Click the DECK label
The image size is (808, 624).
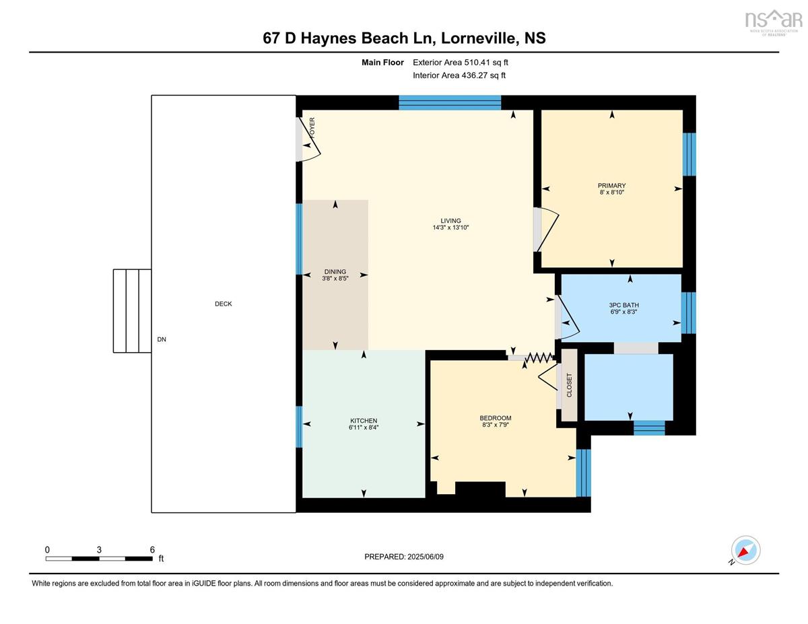(223, 304)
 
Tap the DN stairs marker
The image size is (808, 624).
(162, 339)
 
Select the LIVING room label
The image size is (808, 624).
(450, 221)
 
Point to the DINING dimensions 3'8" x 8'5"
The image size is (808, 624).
(335, 278)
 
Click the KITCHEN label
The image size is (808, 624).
(364, 421)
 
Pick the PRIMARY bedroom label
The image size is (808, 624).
(611, 186)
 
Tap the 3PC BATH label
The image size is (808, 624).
(624, 305)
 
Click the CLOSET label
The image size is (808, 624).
(569, 385)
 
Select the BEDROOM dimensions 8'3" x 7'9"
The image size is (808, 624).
(496, 425)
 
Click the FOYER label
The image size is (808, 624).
(312, 128)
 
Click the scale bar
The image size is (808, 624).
(99, 559)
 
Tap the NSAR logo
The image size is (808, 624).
(774, 22)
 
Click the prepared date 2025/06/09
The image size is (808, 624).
(426, 557)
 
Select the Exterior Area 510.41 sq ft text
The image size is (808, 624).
(461, 63)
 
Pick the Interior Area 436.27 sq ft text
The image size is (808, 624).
(459, 75)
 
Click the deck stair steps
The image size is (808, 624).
(132, 311)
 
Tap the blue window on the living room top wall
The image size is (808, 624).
(450, 102)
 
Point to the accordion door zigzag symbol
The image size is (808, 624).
(539, 357)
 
